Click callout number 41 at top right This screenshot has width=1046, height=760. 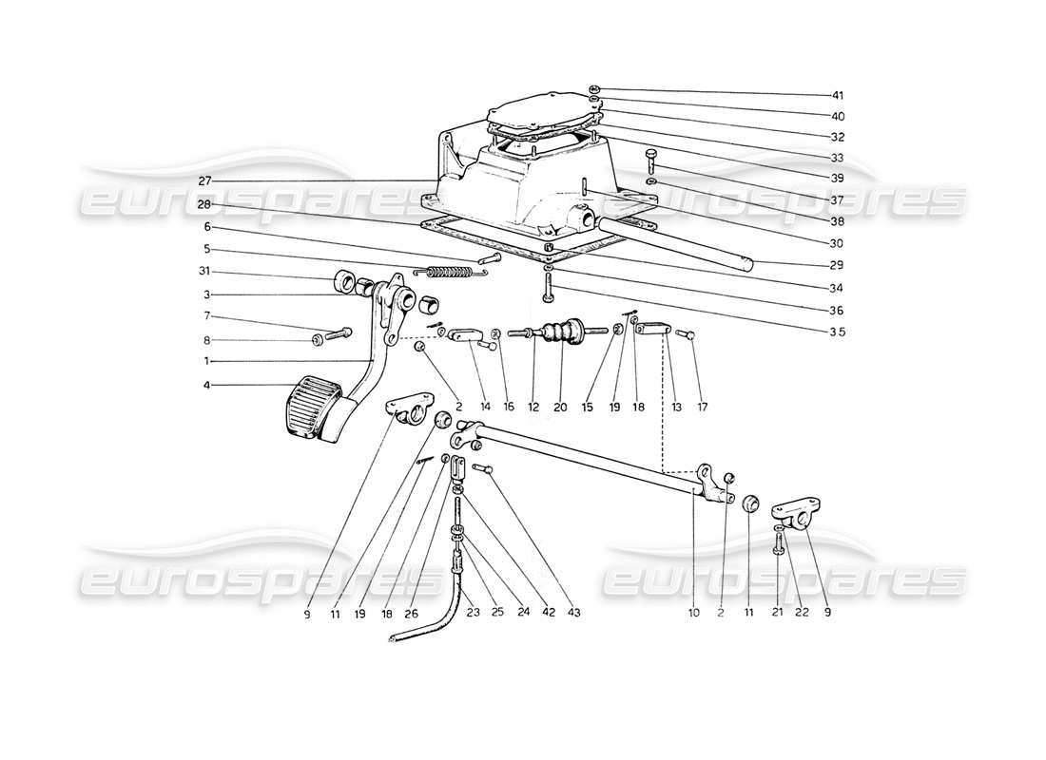[x=837, y=96]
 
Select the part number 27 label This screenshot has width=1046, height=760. [x=205, y=180]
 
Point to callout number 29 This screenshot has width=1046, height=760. [x=837, y=265]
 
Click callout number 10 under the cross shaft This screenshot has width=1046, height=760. [x=694, y=614]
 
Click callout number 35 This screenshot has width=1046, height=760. [x=837, y=332]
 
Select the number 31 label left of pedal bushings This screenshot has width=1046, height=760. [x=205, y=273]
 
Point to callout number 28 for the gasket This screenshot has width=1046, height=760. [x=205, y=205]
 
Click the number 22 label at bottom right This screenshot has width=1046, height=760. [x=800, y=614]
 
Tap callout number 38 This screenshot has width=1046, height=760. [x=837, y=220]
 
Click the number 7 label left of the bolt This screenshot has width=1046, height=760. [x=205, y=316]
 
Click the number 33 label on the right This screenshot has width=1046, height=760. [x=837, y=159]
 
